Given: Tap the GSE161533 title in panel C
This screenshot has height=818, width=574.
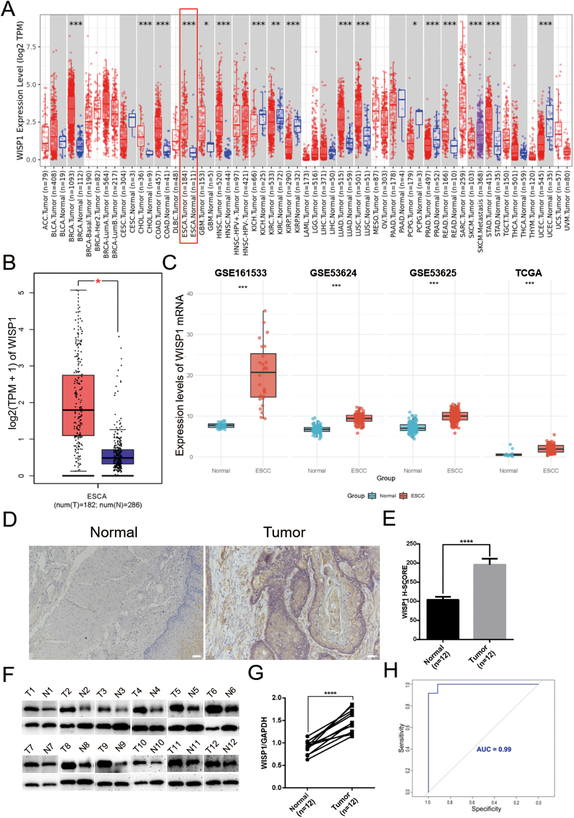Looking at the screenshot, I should pyautogui.click(x=240, y=273).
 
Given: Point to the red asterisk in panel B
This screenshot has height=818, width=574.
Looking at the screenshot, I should pyautogui.click(x=98, y=281).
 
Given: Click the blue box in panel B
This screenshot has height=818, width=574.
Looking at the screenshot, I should pyautogui.click(x=118, y=457).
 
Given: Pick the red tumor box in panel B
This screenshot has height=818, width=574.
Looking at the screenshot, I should pyautogui.click(x=78, y=405).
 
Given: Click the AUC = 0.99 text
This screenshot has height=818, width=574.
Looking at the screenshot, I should pyautogui.click(x=494, y=749).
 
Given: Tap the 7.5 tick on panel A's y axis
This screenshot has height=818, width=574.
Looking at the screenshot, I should pyautogui.click(x=33, y=47).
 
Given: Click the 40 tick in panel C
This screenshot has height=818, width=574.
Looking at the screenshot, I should pyautogui.click(x=190, y=293).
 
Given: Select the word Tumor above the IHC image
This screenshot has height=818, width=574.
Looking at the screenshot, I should pyautogui.click(x=284, y=532).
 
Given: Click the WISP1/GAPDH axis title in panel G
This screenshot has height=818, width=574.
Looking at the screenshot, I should pyautogui.click(x=264, y=742).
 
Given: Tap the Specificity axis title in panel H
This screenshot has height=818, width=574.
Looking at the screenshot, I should pyautogui.click(x=486, y=809).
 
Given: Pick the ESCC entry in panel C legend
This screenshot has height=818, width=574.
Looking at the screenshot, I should pyautogui.click(x=417, y=496).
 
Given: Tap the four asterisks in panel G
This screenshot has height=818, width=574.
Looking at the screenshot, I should pyautogui.click(x=330, y=693).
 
